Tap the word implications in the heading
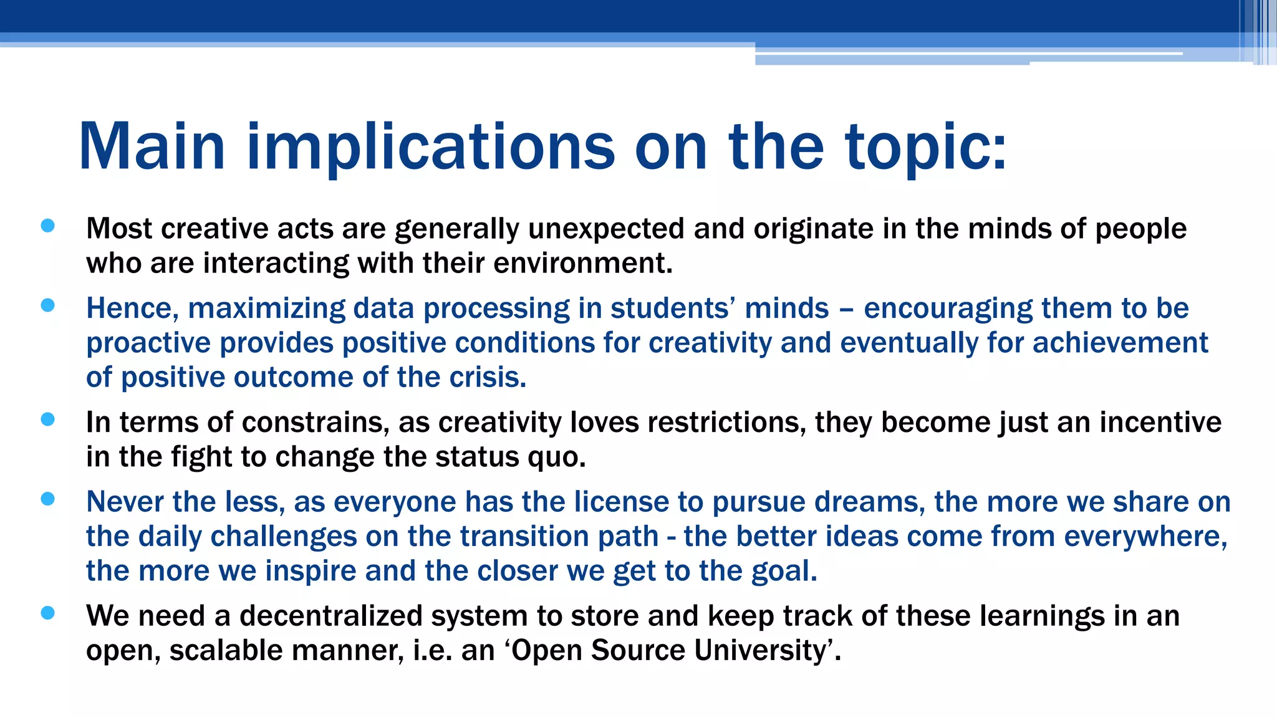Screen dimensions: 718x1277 click(431, 146)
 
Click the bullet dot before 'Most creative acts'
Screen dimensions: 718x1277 click(48, 226)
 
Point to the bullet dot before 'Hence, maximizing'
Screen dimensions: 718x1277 click(48, 305)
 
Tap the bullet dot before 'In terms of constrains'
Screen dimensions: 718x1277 click(48, 419)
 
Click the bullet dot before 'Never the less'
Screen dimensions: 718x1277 click(48, 499)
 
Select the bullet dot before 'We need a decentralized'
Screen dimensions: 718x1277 click(48, 613)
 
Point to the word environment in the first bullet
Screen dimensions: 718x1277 click(582, 263)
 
